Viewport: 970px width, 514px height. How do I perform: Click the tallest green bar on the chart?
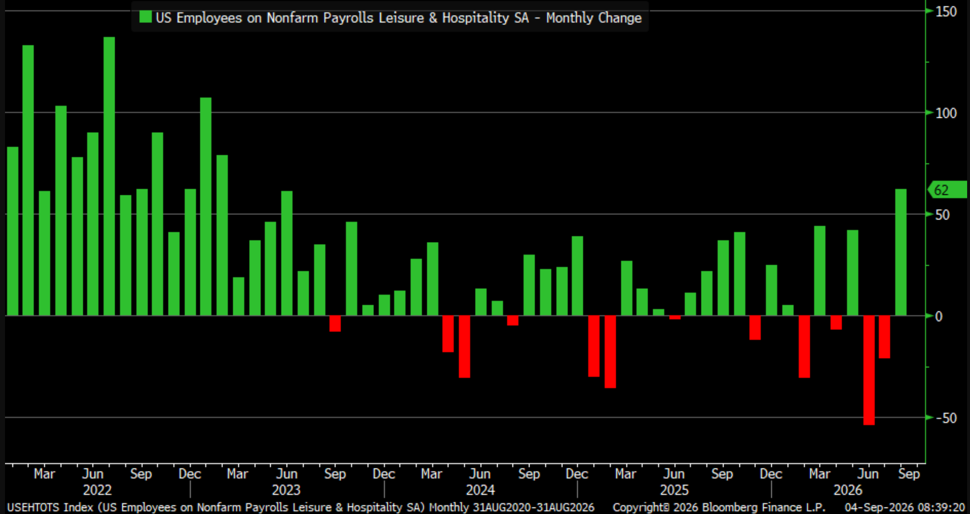pos(109,176)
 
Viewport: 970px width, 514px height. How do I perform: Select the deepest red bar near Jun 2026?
pos(869,370)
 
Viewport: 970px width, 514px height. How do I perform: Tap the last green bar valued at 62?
pos(901,252)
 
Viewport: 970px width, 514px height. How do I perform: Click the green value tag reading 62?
pos(947,190)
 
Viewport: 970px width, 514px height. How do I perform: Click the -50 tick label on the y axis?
pos(945,418)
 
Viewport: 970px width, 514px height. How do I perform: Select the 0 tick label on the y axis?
pos(939,316)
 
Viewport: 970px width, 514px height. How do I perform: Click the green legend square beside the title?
pos(145,17)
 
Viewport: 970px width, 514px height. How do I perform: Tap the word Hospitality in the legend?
pos(476,18)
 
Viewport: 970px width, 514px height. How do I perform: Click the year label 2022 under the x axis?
pos(97,490)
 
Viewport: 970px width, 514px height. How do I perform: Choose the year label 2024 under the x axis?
pos(480,490)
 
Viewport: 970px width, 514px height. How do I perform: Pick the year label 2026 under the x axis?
pos(848,490)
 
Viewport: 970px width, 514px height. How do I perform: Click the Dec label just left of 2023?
pos(190,473)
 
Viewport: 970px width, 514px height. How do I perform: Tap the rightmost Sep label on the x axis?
pos(909,473)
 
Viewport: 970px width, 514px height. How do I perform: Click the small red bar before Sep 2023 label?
pos(335,324)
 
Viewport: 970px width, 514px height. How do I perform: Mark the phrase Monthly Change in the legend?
pos(594,18)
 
